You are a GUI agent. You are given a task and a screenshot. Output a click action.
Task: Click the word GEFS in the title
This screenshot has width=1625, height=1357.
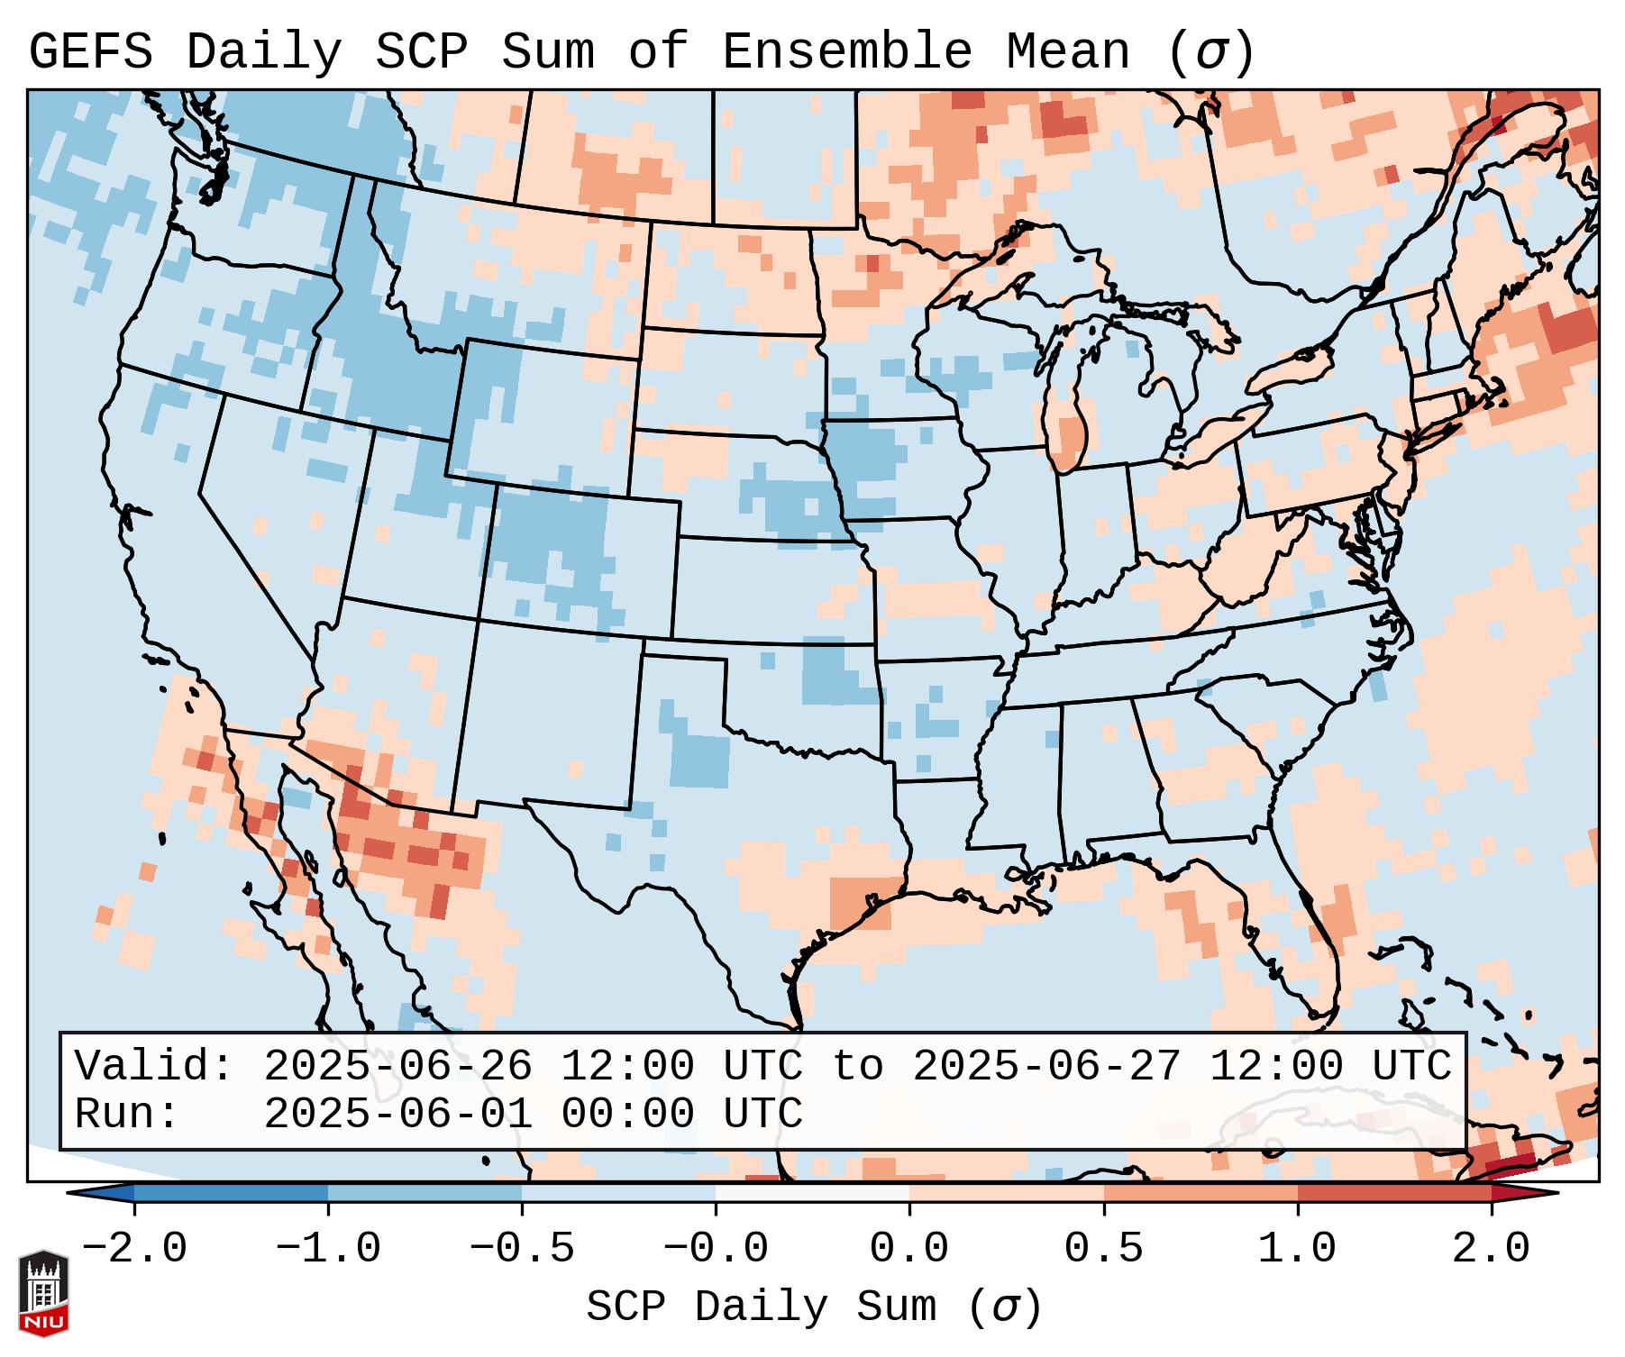point(90,51)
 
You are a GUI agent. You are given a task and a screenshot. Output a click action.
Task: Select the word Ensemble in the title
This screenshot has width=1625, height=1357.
point(846,51)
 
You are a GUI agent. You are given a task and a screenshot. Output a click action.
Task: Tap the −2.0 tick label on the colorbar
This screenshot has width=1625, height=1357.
point(134,1249)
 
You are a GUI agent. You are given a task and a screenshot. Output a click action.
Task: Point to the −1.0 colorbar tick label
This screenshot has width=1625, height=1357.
point(328,1249)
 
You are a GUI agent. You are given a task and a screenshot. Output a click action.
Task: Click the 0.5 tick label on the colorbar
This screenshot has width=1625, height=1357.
point(1103,1249)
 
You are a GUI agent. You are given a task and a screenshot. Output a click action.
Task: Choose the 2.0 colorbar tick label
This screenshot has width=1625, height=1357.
point(1491,1249)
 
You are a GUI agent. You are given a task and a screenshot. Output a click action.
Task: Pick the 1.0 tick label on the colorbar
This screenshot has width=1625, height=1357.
point(1297,1249)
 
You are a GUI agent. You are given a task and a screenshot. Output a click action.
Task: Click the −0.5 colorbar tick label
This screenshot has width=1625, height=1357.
point(522,1249)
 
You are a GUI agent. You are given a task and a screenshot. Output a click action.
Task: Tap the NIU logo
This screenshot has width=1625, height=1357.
point(43,1293)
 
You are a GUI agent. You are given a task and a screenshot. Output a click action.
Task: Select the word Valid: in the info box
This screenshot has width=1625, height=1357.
point(154,1066)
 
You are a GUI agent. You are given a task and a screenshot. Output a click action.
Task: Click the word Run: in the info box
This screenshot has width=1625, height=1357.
point(127,1114)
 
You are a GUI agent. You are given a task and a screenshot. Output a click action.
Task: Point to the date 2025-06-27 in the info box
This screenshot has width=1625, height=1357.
point(1046,1066)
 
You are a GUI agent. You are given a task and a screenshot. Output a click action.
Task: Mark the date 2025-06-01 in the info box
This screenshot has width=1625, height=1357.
point(397,1114)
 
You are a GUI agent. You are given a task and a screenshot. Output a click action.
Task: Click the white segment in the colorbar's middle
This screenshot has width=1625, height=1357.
point(812,1193)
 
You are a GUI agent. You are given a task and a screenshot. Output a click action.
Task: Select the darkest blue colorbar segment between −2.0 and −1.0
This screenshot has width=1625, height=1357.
point(231,1193)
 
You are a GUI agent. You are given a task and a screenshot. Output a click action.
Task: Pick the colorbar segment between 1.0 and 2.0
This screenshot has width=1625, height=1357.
point(1394,1193)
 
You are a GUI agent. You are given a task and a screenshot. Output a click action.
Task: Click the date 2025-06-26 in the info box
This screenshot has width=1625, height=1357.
point(397,1066)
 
